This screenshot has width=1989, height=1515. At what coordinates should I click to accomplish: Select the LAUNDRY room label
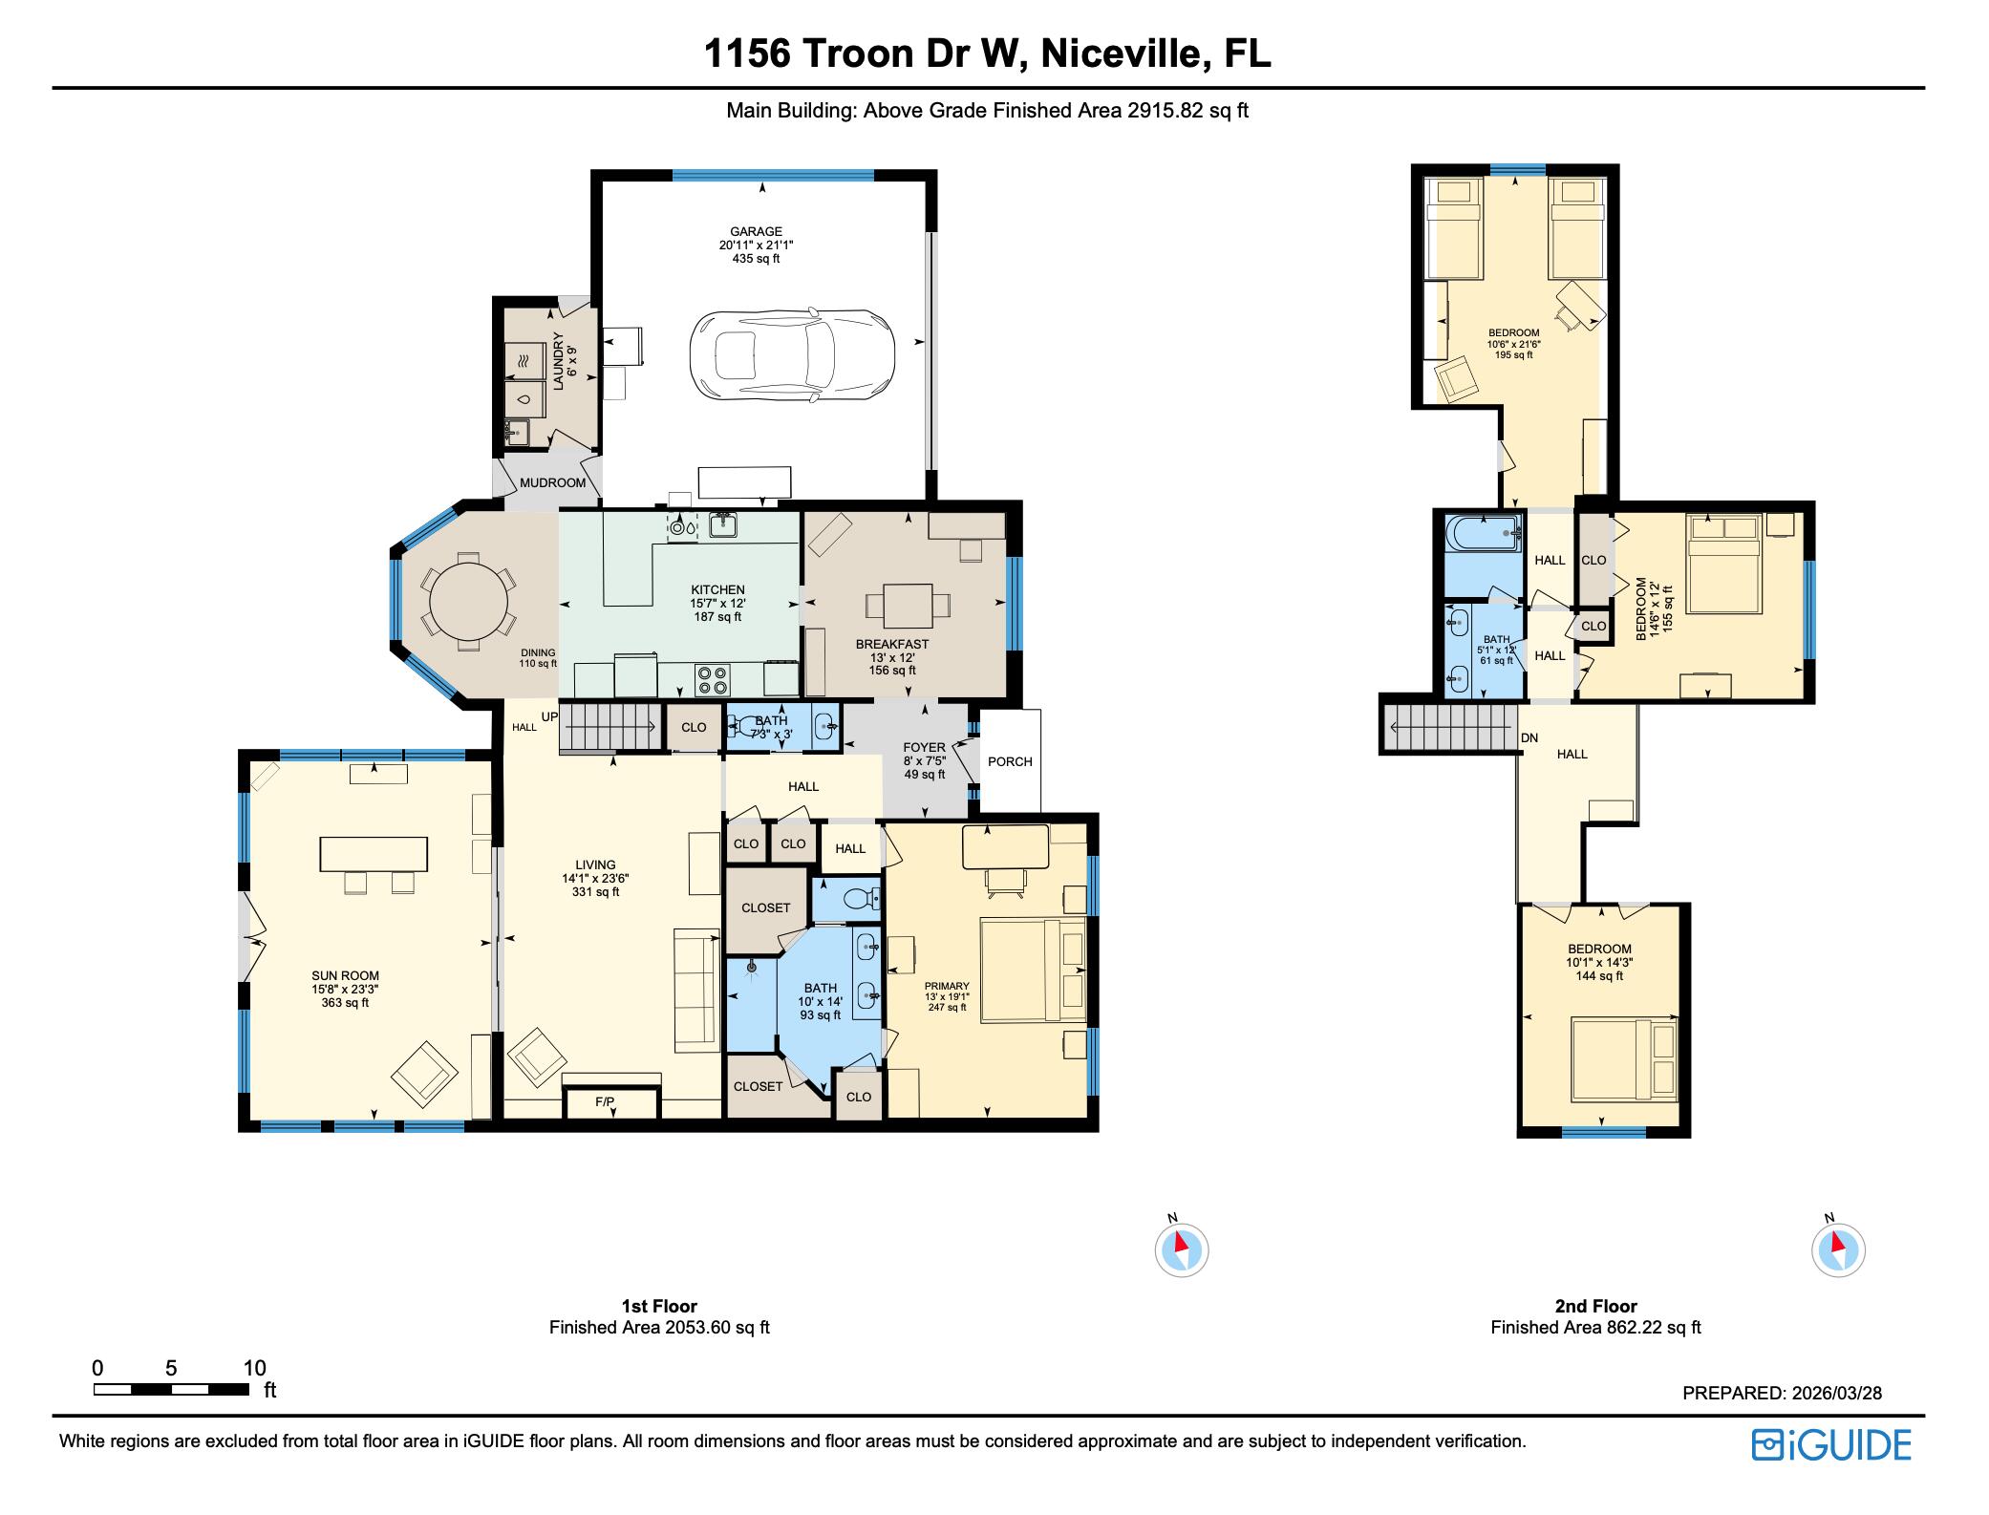(x=565, y=362)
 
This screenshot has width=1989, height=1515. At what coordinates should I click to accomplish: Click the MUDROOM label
(x=552, y=482)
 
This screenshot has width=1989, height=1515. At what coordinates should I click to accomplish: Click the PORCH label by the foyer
(x=1010, y=761)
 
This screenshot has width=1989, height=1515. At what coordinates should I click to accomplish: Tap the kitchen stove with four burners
(x=712, y=679)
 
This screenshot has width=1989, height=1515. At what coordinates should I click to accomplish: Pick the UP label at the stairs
(x=549, y=716)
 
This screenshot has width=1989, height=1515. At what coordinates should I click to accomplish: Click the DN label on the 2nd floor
(x=1529, y=738)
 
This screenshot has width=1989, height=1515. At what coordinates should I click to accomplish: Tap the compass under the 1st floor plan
(x=1182, y=1249)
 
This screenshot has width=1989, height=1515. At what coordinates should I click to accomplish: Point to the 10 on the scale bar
(x=254, y=1368)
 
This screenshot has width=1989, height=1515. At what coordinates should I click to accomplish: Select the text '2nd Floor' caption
(x=1595, y=1306)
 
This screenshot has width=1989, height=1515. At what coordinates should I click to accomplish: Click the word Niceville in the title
(x=1122, y=53)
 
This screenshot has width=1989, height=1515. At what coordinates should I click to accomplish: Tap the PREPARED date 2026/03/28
(x=1835, y=1393)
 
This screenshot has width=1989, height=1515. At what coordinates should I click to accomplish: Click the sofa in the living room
(x=696, y=991)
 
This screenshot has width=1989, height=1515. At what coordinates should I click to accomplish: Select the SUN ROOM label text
(x=345, y=975)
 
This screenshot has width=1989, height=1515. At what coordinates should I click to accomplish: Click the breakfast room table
(x=908, y=605)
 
